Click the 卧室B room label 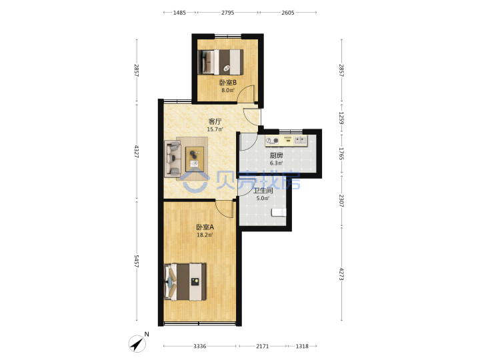pos(228,83)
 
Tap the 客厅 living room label pos(215,121)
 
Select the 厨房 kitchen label pos(276,155)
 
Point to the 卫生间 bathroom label pos(263,191)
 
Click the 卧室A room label pos(205,227)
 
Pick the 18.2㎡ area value pos(205,235)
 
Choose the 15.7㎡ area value pos(215,129)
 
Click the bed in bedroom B pos(221,62)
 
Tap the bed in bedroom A pos(185,281)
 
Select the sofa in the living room pos(173,159)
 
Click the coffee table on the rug pos(195,159)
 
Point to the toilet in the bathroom pos(279,212)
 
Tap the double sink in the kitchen pos(300,140)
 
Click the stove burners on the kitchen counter pos(272,141)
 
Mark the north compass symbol pos(137,343)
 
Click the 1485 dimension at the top pos(179,13)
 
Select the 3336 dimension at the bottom pos(199,346)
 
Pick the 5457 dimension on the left pos(137,261)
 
